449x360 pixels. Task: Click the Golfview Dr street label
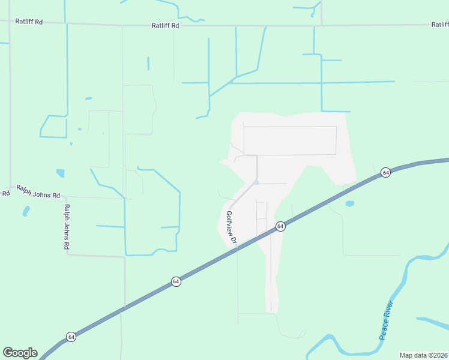pyautogui.click(x=232, y=227)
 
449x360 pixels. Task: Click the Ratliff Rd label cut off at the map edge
pyautogui.click(x=439, y=25)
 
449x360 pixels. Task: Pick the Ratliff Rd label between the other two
pyautogui.click(x=165, y=25)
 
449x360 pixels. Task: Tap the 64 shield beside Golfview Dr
pyautogui.click(x=280, y=226)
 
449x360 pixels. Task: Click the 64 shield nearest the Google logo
pyautogui.click(x=71, y=337)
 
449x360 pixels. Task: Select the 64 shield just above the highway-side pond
pyautogui.click(x=385, y=172)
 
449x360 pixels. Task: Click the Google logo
pyautogui.click(x=20, y=352)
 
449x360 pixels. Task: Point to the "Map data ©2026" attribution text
pyautogui.click(x=423, y=355)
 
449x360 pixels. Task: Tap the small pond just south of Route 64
pyautogui.click(x=349, y=204)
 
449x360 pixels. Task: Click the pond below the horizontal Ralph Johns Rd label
pyautogui.click(x=26, y=211)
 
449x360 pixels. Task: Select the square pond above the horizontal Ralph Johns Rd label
pyautogui.click(x=60, y=173)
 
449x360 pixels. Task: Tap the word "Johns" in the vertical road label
pyautogui.click(x=67, y=227)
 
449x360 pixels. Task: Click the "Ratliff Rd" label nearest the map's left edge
pyautogui.click(x=30, y=22)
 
